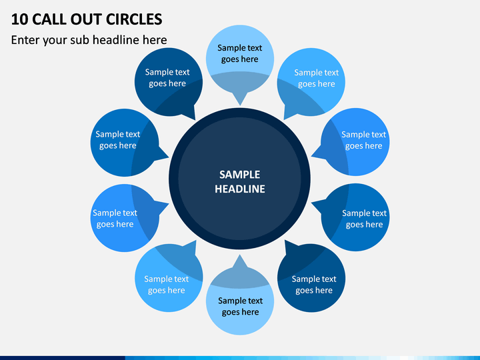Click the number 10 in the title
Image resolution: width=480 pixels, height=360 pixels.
(19, 19)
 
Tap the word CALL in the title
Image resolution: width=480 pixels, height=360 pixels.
(49, 19)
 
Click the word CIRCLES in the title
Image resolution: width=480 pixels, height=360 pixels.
(134, 19)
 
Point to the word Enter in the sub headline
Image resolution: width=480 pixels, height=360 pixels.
(25, 40)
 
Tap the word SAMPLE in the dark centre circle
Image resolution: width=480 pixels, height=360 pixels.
(240, 175)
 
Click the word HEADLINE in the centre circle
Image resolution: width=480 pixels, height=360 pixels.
(240, 189)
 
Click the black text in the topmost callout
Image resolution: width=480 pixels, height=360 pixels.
(240, 53)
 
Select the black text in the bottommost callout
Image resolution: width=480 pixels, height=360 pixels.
(240, 306)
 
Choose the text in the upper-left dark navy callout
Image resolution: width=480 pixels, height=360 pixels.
(167, 78)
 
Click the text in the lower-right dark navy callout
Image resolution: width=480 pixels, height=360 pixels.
(314, 285)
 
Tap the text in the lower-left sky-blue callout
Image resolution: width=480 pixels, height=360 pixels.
(166, 285)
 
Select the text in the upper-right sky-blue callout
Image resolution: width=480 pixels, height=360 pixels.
(317, 78)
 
